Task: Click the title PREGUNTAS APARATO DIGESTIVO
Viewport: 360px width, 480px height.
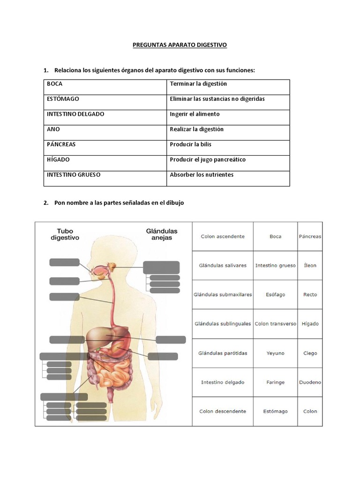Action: (x=180, y=45)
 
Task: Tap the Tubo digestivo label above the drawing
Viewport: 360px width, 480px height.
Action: (x=65, y=234)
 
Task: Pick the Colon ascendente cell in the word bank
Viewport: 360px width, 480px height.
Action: (x=223, y=237)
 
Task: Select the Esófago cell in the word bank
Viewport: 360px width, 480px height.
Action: (x=275, y=295)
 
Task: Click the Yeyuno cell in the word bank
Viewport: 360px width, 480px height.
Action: (x=275, y=353)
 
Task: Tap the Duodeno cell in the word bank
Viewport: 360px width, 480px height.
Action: (x=310, y=382)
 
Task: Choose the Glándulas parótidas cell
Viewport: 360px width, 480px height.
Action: (x=223, y=353)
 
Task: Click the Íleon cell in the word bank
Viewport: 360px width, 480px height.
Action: (x=310, y=266)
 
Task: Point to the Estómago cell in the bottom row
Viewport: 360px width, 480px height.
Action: (x=275, y=412)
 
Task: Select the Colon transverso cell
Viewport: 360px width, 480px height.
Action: (x=275, y=324)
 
